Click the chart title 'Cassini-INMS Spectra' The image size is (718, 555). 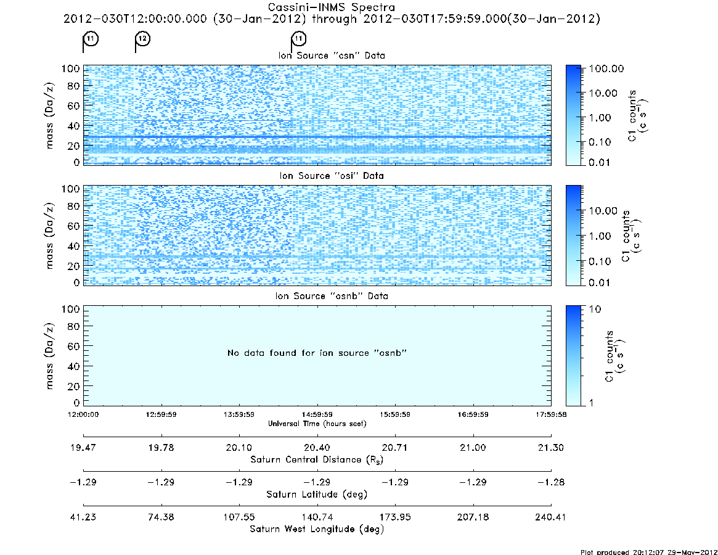point(331,7)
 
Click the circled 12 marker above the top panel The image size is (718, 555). point(143,38)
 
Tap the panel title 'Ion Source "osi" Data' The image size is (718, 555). point(332,176)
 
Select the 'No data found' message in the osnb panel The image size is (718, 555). point(317,353)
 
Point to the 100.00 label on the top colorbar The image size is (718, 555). point(606,68)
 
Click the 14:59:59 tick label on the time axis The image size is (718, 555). point(317,414)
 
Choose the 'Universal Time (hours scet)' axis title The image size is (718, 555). point(317,424)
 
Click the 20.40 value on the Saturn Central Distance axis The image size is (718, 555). point(317,448)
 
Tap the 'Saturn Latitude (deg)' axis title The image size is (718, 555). point(317,495)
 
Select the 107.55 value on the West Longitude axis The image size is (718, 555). point(239,517)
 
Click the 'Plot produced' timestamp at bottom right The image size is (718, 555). point(649,552)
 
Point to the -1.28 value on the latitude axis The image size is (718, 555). point(551,482)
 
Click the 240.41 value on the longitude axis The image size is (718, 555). point(550,517)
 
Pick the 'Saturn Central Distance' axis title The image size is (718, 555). point(317,459)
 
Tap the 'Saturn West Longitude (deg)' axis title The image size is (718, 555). point(317,529)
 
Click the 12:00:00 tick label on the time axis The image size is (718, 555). point(83,414)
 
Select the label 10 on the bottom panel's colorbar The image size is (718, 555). point(594,310)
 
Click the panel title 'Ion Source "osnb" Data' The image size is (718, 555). point(332,296)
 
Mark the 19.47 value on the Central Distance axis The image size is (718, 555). point(83,448)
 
